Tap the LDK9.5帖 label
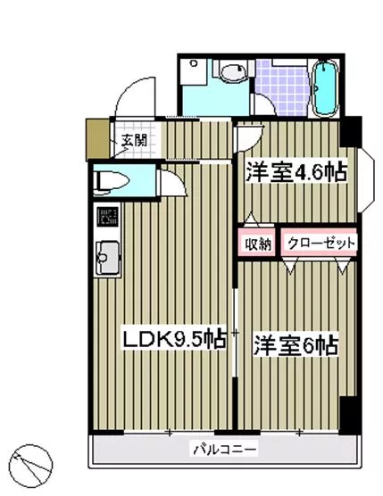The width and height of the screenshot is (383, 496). coord(174,340)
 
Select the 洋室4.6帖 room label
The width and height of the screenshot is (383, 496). coord(296,173)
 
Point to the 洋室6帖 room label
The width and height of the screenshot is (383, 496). coord(296,345)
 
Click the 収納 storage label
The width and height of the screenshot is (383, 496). coord(259,244)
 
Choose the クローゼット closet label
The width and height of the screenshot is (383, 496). coord(321,244)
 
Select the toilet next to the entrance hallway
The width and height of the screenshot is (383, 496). coord(112,183)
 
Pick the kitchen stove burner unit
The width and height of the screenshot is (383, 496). coord(107,217)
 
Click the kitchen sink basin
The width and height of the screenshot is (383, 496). coord(107,258)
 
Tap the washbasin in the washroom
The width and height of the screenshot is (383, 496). coord(233,71)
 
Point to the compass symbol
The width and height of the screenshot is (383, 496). coord(30,466)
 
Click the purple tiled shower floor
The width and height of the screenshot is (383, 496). coord(282,87)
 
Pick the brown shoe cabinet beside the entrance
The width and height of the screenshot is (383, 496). coord(98,138)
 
